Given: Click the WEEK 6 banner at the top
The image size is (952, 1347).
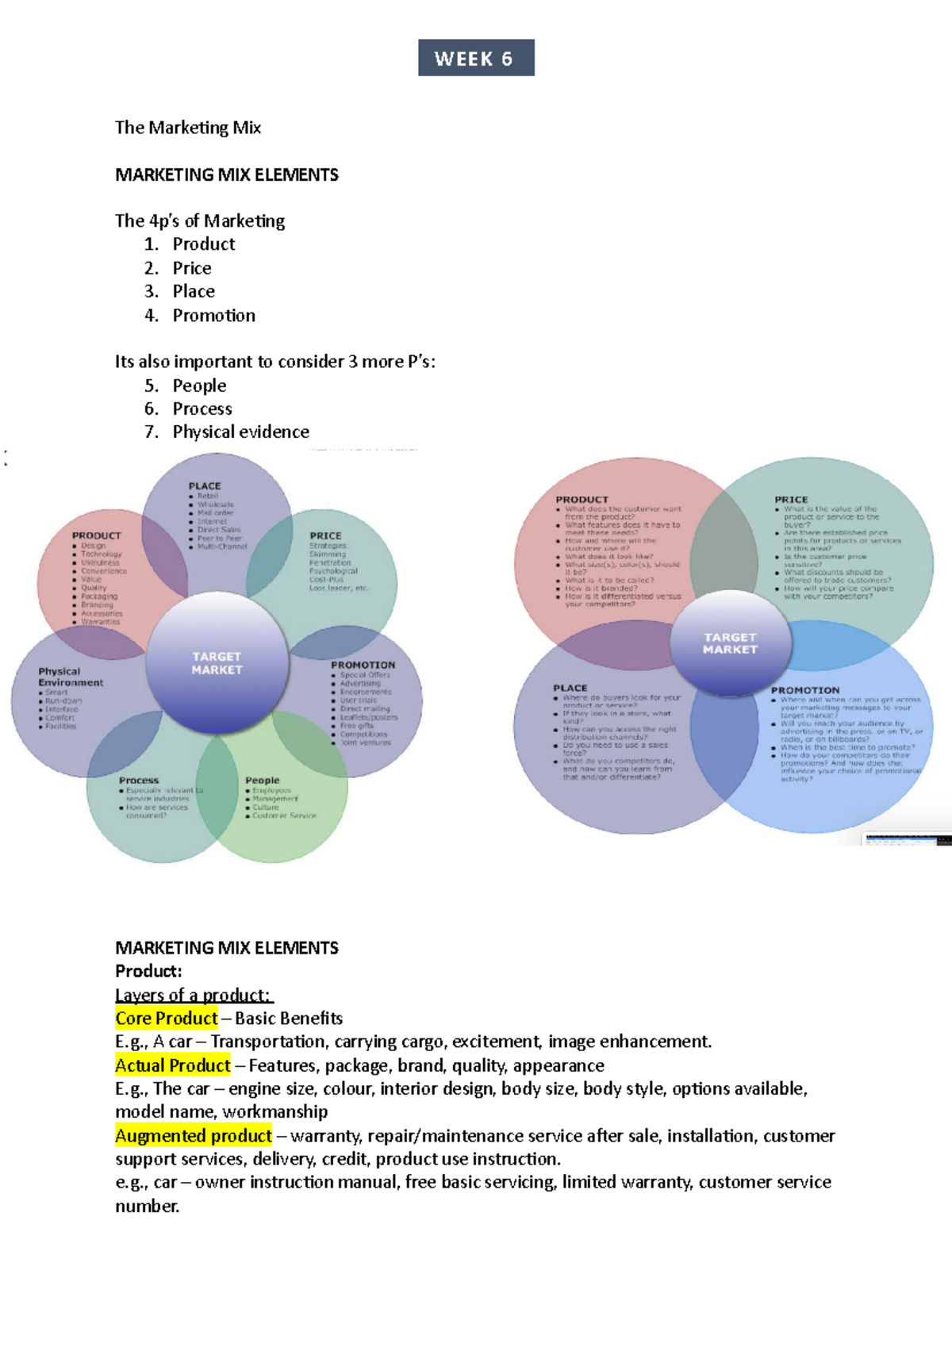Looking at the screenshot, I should pos(475,58).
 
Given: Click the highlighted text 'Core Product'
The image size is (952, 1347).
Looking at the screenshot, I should pos(166,1019).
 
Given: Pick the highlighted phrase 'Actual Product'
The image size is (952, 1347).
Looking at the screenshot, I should pos(172,1065).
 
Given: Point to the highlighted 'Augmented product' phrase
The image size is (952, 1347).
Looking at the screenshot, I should pos(193,1136).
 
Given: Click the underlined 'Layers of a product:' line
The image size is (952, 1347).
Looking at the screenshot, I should pos(193,995).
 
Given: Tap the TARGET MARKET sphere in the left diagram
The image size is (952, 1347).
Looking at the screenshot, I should pos(217,663).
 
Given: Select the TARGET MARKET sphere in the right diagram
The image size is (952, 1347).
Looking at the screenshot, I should pos(730,643).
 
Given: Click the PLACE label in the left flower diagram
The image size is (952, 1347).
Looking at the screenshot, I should pos(205,486).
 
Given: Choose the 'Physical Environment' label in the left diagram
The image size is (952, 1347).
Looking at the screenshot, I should pos(71,677).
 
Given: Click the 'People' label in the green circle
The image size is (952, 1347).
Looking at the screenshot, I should pos(262,781).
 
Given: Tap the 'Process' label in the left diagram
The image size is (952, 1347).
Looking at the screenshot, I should pos(139,781).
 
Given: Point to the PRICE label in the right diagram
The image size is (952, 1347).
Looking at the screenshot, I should pos(791,500).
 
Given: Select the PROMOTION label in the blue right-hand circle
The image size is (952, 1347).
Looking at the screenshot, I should pos(804,690).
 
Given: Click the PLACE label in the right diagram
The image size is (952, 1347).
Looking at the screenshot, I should pos(570,688).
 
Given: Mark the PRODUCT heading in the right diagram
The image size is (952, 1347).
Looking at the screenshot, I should pos(582,500).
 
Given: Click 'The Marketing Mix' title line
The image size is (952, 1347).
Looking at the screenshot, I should pos(188,128).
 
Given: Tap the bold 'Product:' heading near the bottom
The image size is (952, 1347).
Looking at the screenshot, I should pos(148,971).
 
